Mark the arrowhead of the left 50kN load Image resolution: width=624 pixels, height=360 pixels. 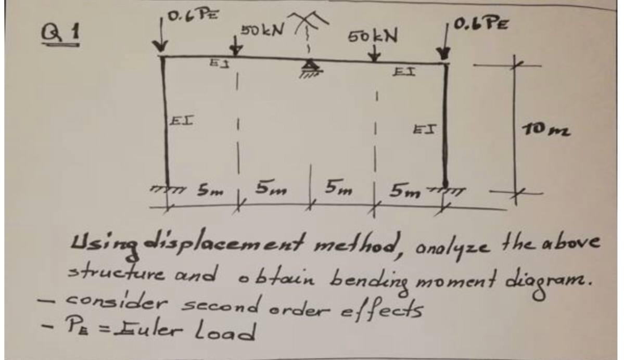click(237, 50)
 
